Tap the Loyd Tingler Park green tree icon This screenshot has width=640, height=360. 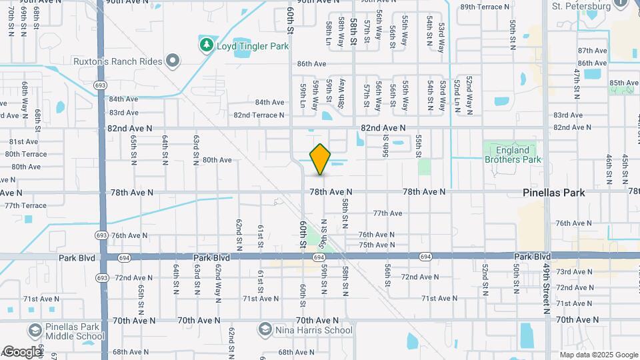207,45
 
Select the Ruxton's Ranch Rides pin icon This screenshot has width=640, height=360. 173,61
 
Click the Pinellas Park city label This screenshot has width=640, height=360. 553,193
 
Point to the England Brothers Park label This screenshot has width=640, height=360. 513,155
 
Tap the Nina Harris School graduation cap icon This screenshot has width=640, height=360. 265,330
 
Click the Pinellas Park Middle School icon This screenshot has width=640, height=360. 35,330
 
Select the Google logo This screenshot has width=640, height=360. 21,352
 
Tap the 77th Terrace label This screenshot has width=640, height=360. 21,205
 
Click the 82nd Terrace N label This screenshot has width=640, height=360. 259,115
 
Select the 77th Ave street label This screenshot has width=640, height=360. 387,213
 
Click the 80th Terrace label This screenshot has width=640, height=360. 26,154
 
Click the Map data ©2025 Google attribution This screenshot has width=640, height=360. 598,355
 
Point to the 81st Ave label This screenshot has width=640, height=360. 23,141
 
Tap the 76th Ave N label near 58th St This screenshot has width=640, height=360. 377,235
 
